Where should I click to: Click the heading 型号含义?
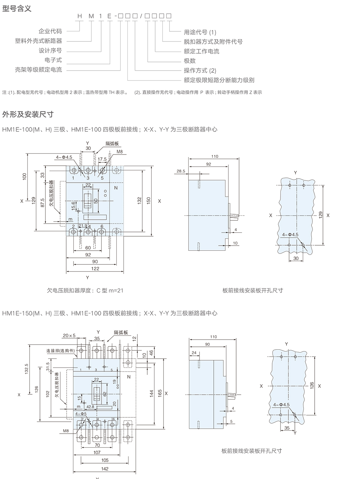17,8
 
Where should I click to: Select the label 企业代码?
50,31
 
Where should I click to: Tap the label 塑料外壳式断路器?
39,41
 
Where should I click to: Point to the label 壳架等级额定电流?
39,70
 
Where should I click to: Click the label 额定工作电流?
201,51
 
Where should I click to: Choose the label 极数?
190,61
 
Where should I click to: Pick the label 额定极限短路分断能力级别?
219,80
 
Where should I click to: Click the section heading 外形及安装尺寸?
28,114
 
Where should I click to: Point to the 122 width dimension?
95,269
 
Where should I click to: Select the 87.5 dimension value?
43,202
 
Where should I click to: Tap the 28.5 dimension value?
181,171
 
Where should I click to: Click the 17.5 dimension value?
102,159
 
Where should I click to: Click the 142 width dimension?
105,469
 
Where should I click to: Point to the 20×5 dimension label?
69,336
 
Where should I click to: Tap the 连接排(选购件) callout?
60,351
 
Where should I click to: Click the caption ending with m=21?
85,290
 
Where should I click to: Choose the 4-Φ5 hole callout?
81,414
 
